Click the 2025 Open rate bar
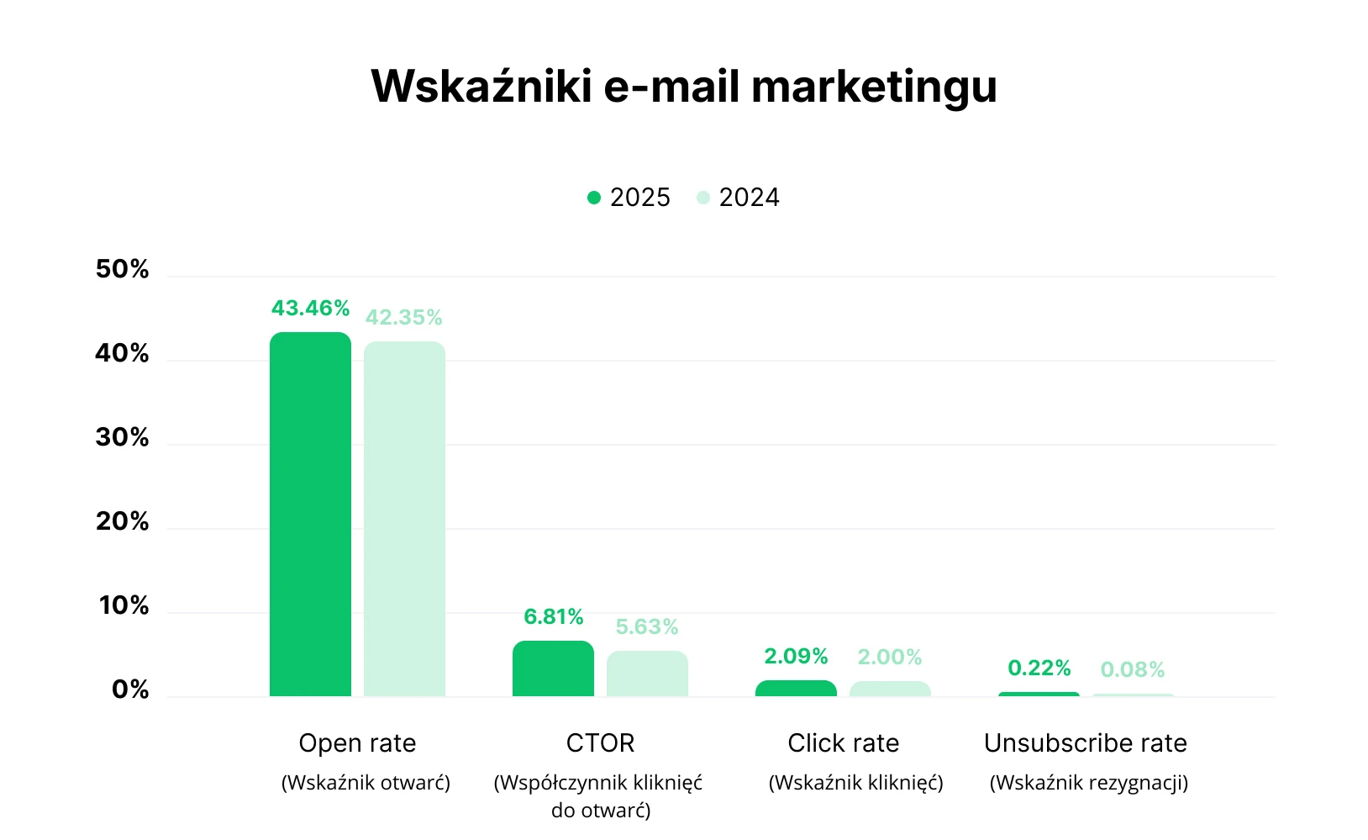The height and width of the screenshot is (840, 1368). pos(310,514)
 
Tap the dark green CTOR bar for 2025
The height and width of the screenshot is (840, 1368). pos(553,668)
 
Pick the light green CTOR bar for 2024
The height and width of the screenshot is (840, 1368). pos(647,674)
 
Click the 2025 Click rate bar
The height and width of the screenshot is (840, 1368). pos(796,689)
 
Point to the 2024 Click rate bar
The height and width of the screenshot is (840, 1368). pos(890,689)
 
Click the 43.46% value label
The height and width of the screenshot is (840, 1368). pos(310,309)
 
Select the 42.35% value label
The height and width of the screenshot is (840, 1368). pos(403,318)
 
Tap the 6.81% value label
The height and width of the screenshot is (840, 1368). pos(553,617)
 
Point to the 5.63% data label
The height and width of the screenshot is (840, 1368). pos(646,627)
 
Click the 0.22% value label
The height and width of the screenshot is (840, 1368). pos(1039,668)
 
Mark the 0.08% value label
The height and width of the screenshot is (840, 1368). pos(1132,670)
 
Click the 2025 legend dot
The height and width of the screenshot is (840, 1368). pos(594,198)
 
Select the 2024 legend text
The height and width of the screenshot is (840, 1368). pos(749,198)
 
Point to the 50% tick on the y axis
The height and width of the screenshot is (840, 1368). pos(122,269)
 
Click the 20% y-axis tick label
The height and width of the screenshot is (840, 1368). pos(122,521)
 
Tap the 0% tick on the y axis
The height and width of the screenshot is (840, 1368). pos(130,689)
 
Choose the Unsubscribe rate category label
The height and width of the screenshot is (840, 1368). pos(1085,743)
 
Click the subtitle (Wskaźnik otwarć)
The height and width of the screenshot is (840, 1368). pos(366,783)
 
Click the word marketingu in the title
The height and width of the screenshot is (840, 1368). pos(874,87)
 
